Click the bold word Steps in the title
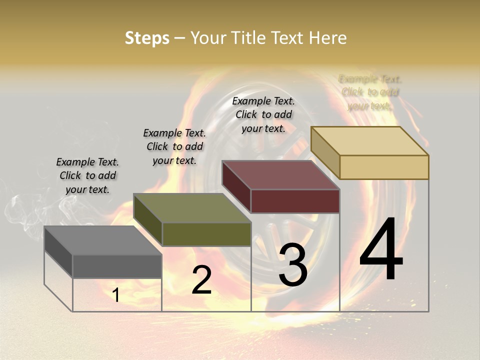tap(147, 38)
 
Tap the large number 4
tap(381, 250)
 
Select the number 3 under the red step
tap(292, 265)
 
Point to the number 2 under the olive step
tap(201, 280)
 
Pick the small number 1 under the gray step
tap(116, 295)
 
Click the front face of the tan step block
tap(384, 167)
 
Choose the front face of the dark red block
tap(295, 201)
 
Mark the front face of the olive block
tap(206, 234)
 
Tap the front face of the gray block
tap(117, 266)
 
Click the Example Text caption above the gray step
tap(87, 175)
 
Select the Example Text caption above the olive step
tap(174, 146)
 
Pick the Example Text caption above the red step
tap(263, 114)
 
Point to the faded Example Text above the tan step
tap(370, 92)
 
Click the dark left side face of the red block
tap(236, 187)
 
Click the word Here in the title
tap(327, 38)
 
